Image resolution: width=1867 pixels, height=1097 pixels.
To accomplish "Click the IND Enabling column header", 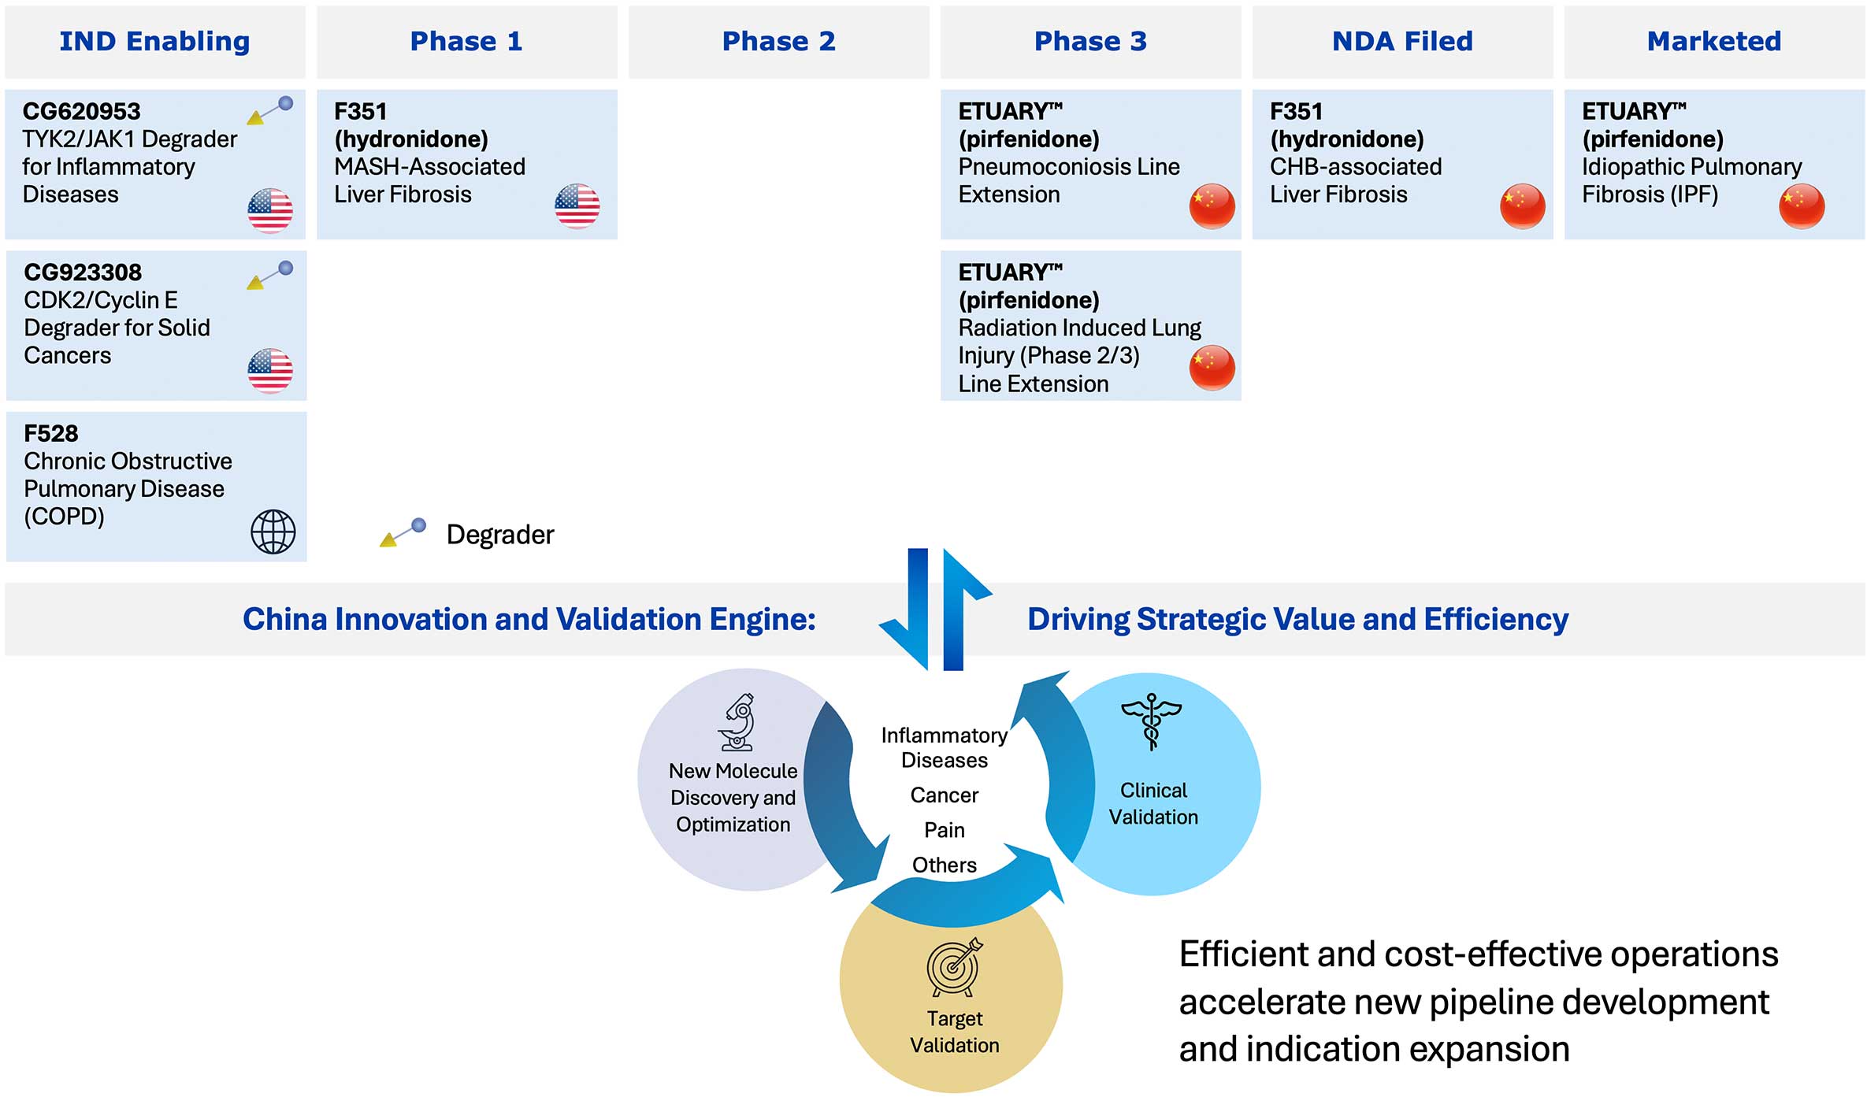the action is (x=155, y=41).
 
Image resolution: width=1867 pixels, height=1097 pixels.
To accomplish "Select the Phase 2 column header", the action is (x=779, y=41).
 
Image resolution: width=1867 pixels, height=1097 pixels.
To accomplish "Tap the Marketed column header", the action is (x=1714, y=41).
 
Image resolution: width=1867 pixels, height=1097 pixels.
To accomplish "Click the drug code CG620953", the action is (x=82, y=111).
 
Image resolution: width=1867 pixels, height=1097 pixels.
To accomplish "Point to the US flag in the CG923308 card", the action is (x=270, y=370).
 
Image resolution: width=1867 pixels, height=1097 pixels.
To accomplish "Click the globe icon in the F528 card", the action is (x=273, y=532).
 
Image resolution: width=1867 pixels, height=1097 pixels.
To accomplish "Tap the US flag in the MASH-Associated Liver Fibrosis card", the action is (x=577, y=206).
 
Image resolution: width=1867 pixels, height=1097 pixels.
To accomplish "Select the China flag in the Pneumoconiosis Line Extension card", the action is (x=1212, y=206).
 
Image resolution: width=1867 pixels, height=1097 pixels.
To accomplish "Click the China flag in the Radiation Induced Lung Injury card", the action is (x=1212, y=368).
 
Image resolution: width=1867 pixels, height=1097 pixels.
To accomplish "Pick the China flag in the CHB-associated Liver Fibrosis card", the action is (x=1523, y=206).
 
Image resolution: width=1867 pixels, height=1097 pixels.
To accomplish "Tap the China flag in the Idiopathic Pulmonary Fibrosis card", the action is (x=1802, y=206).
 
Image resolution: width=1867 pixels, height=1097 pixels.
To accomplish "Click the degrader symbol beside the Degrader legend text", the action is (x=403, y=533).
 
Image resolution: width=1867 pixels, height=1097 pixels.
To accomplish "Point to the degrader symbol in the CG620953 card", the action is (x=270, y=110).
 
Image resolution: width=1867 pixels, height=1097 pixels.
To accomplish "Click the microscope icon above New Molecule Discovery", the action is (x=737, y=722).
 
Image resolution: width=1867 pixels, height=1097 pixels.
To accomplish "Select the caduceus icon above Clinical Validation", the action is (x=1152, y=721).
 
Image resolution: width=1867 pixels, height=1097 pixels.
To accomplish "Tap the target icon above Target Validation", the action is (x=955, y=967).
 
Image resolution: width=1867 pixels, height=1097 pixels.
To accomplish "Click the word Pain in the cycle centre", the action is (x=945, y=830).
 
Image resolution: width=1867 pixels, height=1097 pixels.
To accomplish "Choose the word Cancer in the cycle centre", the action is (x=945, y=795).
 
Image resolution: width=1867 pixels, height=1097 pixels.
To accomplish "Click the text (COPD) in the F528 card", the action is (x=65, y=517).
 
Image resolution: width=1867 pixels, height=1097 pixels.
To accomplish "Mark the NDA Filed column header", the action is (x=1403, y=41).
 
